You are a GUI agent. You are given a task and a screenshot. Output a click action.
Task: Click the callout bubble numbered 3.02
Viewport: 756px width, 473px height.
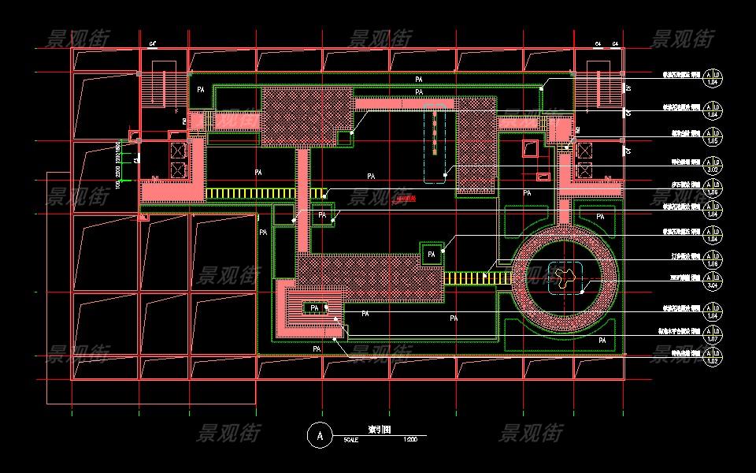coord(713,166)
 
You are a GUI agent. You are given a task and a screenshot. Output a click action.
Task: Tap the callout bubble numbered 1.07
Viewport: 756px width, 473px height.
coord(713,336)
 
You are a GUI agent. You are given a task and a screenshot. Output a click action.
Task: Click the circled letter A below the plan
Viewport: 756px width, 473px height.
coord(319,434)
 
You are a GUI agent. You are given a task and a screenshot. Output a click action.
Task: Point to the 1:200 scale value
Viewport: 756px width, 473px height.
coord(409,439)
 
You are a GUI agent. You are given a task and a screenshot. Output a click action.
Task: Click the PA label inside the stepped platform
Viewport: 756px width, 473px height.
coord(315,307)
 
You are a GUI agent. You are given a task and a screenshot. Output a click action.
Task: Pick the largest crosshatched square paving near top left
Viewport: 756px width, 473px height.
coord(306,116)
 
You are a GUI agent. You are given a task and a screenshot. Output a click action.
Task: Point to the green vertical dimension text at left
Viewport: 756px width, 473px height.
coord(117,167)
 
